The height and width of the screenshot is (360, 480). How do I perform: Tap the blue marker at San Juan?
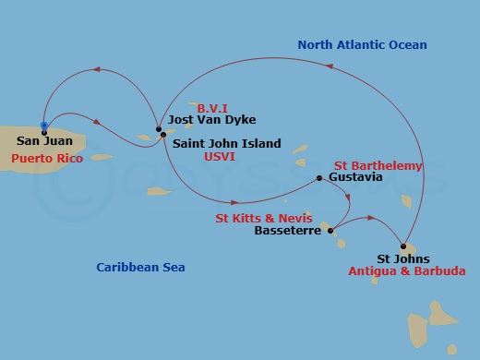click(44, 125)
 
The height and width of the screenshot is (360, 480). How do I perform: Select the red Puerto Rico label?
click(47, 159)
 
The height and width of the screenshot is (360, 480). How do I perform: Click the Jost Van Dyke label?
click(212, 120)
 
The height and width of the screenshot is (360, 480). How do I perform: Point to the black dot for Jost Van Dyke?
click(159, 127)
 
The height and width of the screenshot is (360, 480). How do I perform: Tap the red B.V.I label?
click(212, 107)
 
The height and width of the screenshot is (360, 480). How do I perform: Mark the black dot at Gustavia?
click(318, 177)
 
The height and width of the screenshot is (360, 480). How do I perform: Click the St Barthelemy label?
click(378, 166)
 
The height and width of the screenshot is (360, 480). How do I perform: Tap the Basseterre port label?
click(286, 231)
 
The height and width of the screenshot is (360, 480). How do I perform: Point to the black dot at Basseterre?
click(330, 231)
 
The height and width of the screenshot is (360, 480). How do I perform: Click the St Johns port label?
click(404, 259)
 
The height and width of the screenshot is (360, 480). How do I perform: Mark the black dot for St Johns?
click(402, 246)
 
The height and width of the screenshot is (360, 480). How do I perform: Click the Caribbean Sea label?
click(141, 268)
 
